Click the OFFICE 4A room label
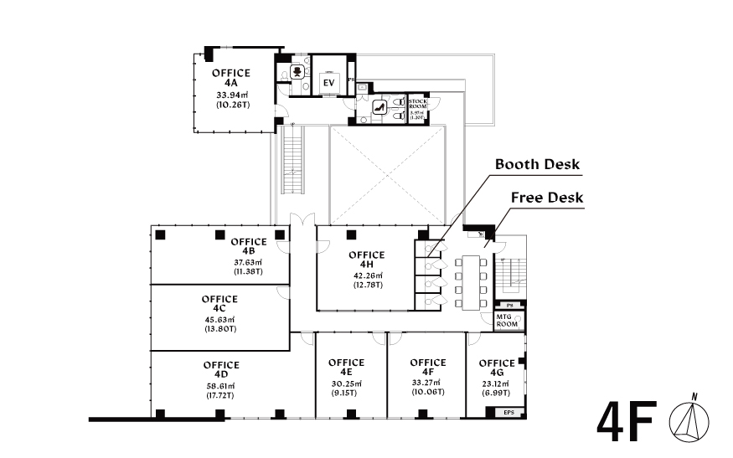tap(231, 79)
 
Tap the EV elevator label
tap(328, 83)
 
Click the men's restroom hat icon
tap(296, 72)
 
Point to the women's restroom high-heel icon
tap(377, 106)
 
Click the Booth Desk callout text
tap(537, 164)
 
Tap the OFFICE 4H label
tap(366, 260)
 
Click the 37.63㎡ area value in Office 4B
tap(248, 262)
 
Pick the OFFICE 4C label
tap(219, 303)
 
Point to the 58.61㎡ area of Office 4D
tap(221, 386)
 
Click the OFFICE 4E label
tap(346, 368)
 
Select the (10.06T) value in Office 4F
tap(427, 390)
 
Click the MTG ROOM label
tap(505, 319)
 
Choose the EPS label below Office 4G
tap(508, 413)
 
